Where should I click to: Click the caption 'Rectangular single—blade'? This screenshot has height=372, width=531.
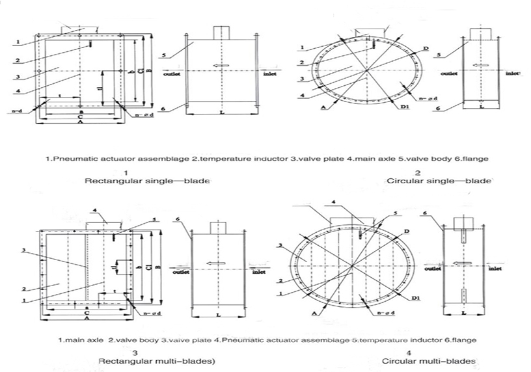pyautogui.click(x=147, y=181)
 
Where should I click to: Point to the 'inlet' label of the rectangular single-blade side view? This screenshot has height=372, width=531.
pyautogui.click(x=270, y=73)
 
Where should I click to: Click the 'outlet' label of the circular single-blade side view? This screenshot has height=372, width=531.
pyautogui.click(x=449, y=73)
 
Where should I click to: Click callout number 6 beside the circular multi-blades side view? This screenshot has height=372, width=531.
pyautogui.click(x=425, y=213)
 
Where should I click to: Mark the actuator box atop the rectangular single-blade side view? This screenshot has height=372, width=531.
pyautogui.click(x=220, y=33)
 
